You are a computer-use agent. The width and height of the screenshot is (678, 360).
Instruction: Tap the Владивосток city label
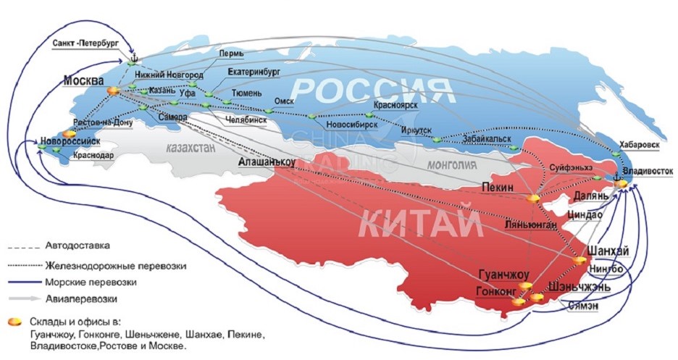647,172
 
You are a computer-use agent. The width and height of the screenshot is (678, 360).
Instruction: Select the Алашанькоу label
267,163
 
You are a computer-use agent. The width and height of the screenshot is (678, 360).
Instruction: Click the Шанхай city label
605,250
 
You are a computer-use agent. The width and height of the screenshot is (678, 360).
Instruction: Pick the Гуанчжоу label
505,275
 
